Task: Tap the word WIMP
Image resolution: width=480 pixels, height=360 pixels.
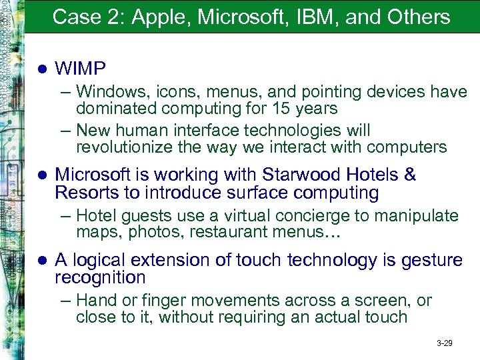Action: click(80, 68)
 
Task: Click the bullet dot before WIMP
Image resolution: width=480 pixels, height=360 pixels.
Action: click(41, 69)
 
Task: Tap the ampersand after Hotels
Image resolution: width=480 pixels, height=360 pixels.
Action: click(410, 175)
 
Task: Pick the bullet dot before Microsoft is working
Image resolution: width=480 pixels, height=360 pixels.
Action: click(41, 175)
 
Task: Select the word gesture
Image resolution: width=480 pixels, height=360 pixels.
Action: click(431, 259)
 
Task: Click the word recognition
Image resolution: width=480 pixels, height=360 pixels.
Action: click(99, 277)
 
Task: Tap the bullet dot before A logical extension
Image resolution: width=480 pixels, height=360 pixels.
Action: click(41, 260)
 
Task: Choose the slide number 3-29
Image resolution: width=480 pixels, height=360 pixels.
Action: click(444, 343)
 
